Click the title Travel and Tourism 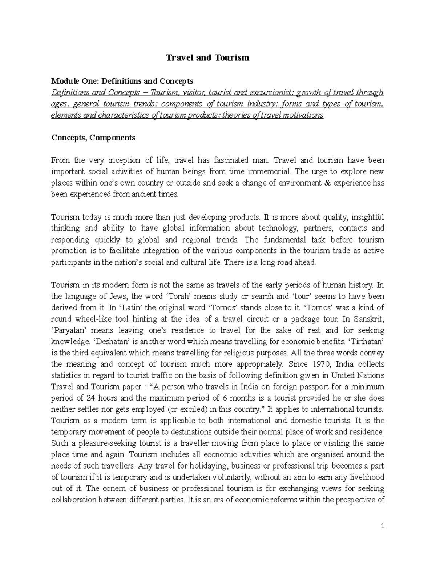click(x=207, y=58)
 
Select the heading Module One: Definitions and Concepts click(x=122, y=81)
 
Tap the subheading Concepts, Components click(x=93, y=138)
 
